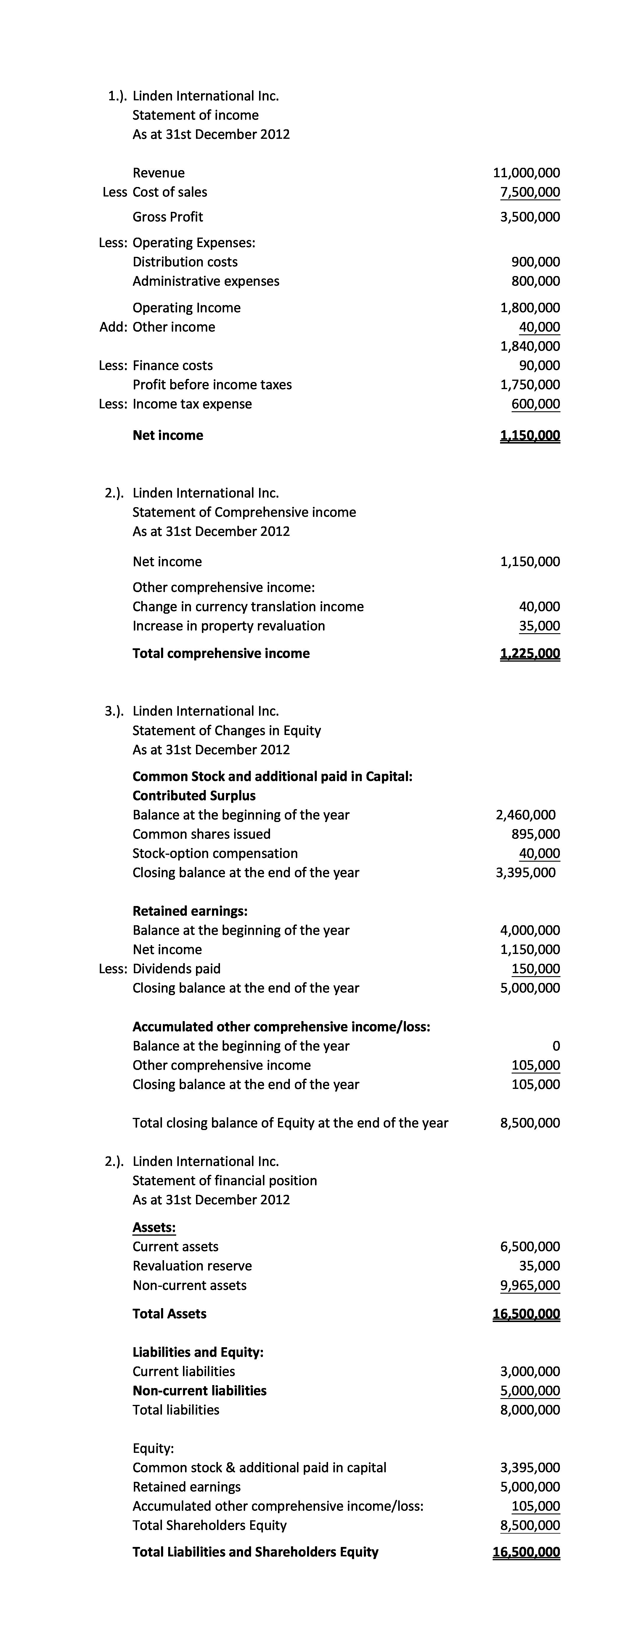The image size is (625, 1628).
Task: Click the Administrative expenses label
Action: coord(205,281)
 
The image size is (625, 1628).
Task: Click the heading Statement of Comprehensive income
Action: coord(244,512)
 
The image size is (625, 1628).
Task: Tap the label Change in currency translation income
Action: coord(248,607)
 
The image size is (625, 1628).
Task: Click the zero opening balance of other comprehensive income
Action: coord(556,1046)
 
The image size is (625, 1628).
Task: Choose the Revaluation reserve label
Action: coord(192,1266)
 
